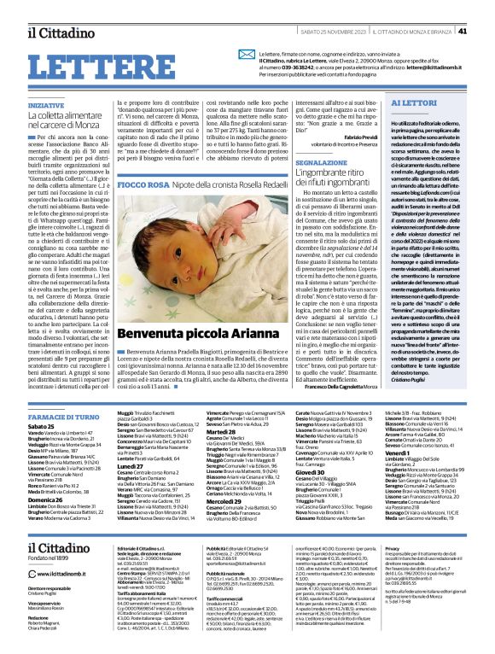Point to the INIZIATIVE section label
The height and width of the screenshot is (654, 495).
pos(46,105)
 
